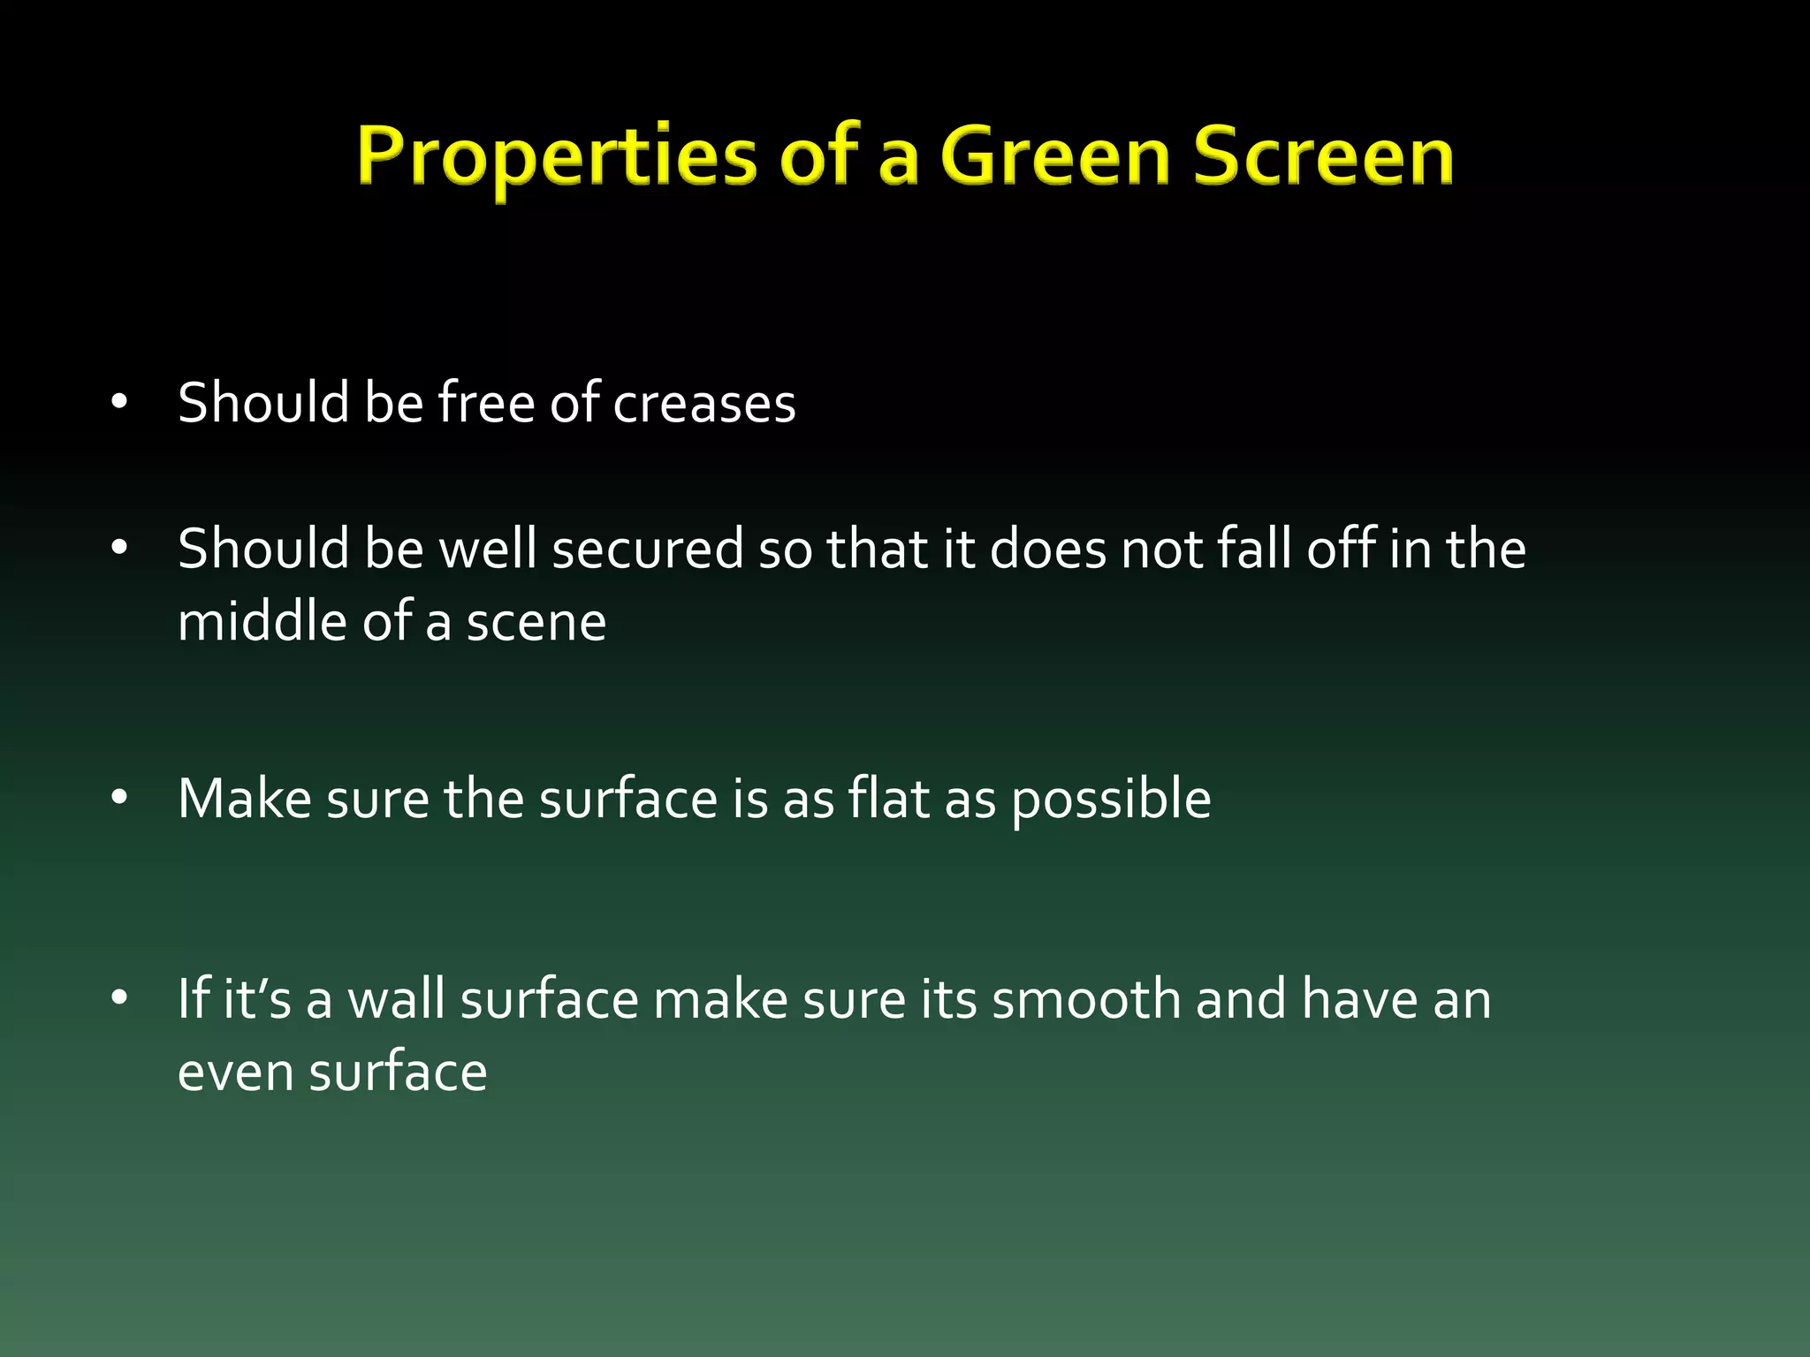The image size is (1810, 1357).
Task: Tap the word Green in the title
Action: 1056,156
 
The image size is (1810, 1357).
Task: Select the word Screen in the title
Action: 1324,156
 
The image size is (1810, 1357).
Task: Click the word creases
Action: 704,404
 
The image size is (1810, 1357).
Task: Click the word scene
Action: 536,623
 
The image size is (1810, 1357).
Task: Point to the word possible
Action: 1111,800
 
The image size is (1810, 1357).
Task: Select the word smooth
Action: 1086,999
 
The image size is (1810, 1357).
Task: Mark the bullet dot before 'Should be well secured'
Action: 120,549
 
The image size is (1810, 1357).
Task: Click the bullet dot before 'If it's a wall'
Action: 120,999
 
